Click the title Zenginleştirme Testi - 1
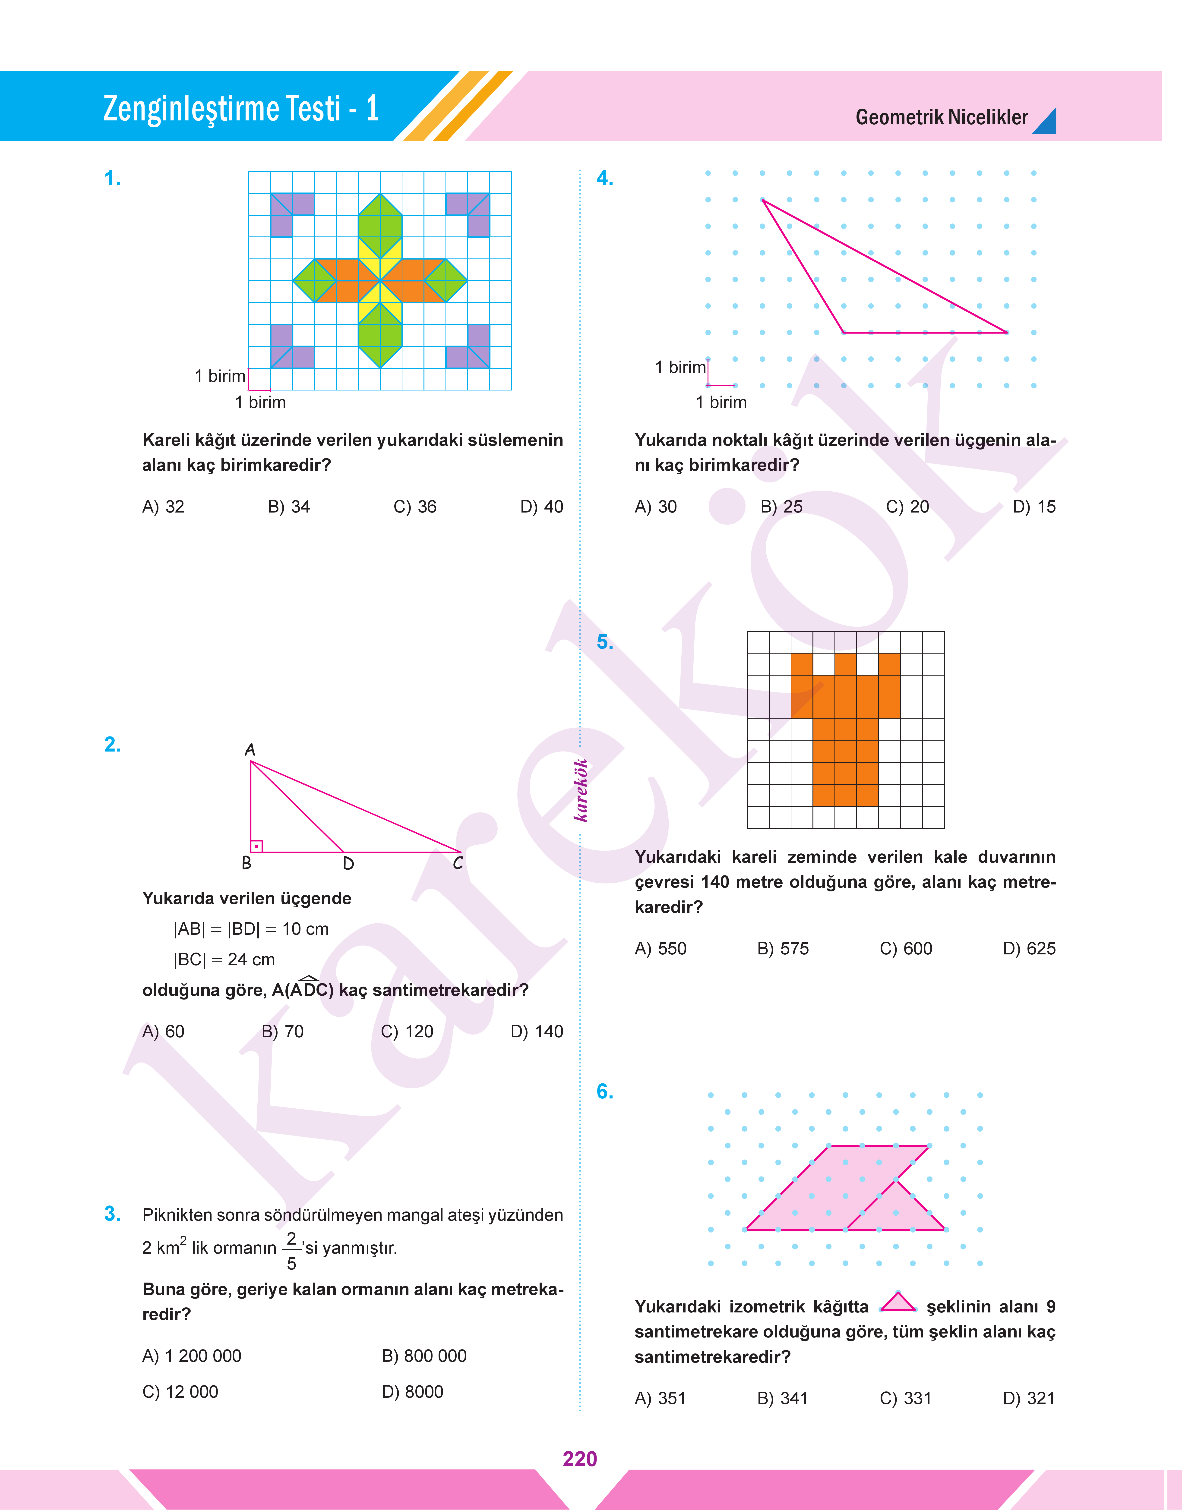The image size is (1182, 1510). point(241,109)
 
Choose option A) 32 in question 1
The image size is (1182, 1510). point(163,507)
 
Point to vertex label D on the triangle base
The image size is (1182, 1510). point(348,863)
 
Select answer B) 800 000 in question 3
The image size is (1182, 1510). point(424,1356)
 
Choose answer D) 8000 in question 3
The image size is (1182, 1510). point(412,1392)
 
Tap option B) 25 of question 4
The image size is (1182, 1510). point(781,507)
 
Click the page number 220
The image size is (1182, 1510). point(580,1459)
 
